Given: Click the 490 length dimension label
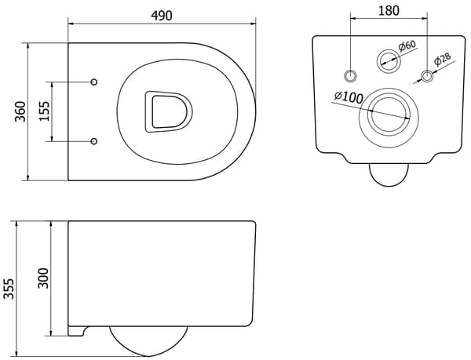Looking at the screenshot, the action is [162, 16].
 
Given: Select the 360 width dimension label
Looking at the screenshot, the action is [20, 111].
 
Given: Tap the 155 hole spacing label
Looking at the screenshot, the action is [44, 111].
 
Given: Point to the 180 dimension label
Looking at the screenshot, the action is [389, 10].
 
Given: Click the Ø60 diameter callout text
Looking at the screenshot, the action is [407, 46].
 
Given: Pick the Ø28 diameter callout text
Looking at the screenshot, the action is [443, 59].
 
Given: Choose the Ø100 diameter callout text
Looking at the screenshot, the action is [349, 97].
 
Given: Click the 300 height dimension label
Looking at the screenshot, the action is [43, 278].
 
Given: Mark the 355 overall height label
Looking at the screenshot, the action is [9, 289].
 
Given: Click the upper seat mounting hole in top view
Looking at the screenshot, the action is [94, 82].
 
